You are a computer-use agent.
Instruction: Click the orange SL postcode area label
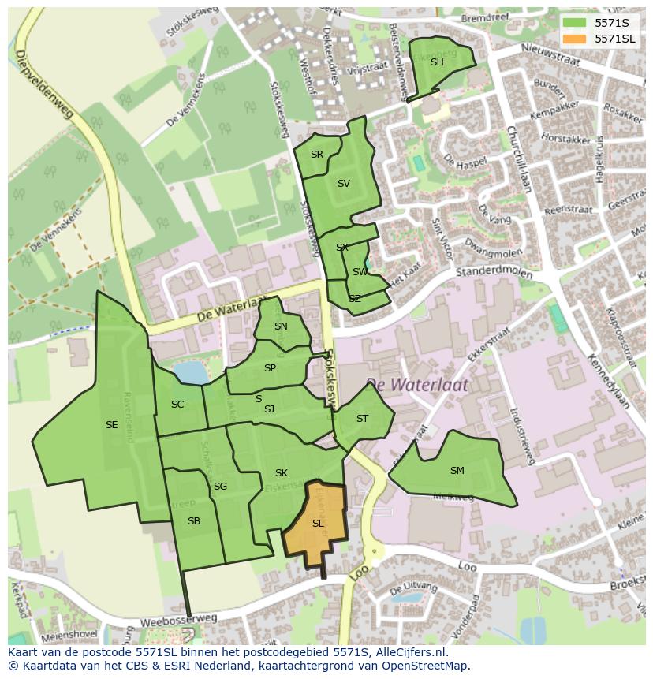(318, 524)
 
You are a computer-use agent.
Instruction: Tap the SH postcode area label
(437, 62)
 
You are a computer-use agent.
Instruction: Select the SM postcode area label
(457, 471)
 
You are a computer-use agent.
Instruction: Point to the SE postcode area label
(111, 425)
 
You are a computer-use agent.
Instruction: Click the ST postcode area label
(362, 419)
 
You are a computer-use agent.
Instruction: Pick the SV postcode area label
(343, 184)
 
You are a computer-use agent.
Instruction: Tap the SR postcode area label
(317, 155)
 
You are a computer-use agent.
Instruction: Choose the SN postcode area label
(281, 326)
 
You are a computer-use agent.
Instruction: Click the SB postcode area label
(194, 521)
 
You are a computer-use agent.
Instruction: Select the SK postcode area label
(281, 473)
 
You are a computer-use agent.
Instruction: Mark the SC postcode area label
(177, 405)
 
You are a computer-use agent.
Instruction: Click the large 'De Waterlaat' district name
(416, 385)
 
